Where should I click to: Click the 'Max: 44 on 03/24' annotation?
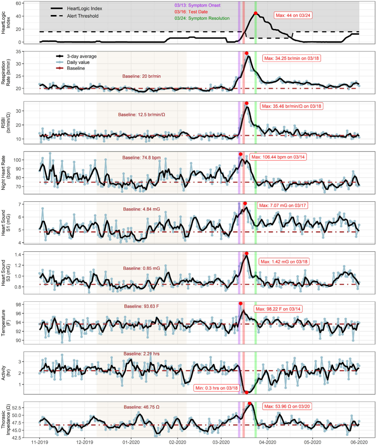tap(293, 15)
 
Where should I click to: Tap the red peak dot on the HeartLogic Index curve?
tap(255, 13)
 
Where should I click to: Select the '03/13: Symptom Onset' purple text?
tap(197, 6)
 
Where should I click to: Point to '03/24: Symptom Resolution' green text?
tap(202, 18)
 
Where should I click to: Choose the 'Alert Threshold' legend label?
tap(83, 16)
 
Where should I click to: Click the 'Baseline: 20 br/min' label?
tap(141, 76)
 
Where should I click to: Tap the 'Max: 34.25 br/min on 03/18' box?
tap(292, 58)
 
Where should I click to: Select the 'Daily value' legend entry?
tap(78, 62)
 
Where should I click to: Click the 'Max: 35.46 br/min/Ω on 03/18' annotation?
tap(292, 106)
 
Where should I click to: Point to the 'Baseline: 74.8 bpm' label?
tap(141, 157)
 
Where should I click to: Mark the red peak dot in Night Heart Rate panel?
tap(240, 154)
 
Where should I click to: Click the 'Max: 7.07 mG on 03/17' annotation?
tap(283, 205)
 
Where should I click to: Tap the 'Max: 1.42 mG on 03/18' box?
tap(284, 261)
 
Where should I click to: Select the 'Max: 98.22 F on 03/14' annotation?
tap(278, 309)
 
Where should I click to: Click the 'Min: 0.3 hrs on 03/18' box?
tap(216, 388)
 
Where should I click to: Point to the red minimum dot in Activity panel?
tap(246, 392)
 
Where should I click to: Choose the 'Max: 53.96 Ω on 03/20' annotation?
tap(287, 406)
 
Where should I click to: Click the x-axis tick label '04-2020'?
tap(267, 442)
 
